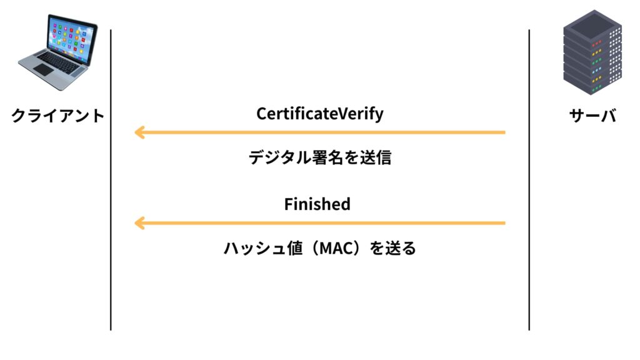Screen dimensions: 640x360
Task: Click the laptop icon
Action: (x=58, y=52)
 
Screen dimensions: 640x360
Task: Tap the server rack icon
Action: (x=592, y=52)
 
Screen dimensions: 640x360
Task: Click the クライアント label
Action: (x=57, y=116)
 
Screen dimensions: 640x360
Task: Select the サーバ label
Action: (x=592, y=116)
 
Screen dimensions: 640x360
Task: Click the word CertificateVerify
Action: (x=320, y=114)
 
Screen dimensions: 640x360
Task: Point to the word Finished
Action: (x=317, y=204)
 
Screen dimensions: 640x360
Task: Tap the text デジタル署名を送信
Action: (x=320, y=157)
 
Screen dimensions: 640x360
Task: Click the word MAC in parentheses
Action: (x=337, y=248)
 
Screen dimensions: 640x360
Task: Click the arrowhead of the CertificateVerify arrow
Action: (x=139, y=132)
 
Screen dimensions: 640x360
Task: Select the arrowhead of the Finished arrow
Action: (x=139, y=223)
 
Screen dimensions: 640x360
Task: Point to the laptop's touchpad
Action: (x=43, y=70)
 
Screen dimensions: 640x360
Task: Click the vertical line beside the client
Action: (x=111, y=179)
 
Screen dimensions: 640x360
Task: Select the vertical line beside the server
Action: (x=529, y=179)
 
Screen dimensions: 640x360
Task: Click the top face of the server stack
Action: (x=592, y=24)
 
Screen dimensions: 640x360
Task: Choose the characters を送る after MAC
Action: (x=392, y=248)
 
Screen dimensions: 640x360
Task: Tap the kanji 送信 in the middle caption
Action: (x=376, y=157)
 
